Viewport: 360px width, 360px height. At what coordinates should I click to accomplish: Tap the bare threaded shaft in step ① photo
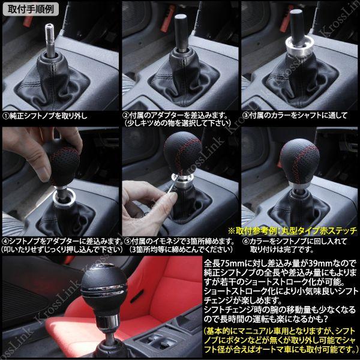click(52, 38)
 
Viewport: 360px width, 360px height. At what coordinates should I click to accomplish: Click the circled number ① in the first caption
click(5, 115)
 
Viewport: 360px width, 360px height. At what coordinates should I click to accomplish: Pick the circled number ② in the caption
click(126, 115)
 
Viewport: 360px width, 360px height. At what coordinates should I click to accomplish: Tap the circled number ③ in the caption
click(245, 115)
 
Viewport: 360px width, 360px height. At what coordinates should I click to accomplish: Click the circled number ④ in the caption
click(5, 241)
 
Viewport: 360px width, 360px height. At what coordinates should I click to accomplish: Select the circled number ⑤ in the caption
click(126, 241)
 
